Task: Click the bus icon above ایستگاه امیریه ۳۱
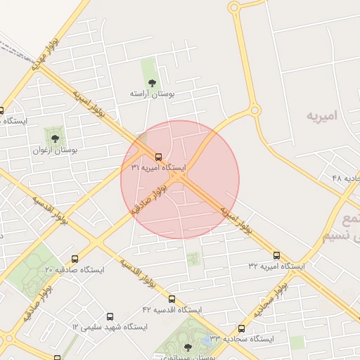coord(158,157)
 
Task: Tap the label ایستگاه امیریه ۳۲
coord(276,266)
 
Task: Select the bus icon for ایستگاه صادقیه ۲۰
coord(75,259)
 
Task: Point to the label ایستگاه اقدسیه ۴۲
coord(172,309)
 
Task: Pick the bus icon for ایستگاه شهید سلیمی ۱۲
coord(109,317)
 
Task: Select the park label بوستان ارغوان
coord(56,150)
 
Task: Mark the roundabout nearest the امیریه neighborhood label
coord(254,110)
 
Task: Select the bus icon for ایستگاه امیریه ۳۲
coord(276,256)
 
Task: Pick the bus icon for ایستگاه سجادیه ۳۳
coord(242,328)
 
